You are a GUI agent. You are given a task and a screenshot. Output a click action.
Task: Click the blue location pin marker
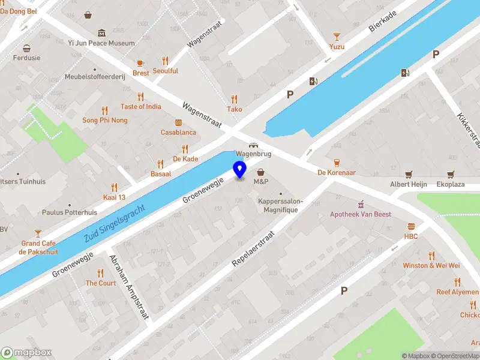pos(240,170)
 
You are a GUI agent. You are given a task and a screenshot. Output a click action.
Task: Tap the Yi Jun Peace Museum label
pos(101,43)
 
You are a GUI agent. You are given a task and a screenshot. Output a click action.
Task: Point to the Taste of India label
pos(141,106)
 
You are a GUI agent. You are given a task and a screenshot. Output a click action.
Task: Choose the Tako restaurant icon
pos(234,100)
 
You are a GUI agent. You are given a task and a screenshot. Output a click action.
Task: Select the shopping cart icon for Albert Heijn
pos(409,175)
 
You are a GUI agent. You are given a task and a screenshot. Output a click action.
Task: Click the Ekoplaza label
pos(450,184)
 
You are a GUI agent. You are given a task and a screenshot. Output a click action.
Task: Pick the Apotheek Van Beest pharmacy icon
pos(361,205)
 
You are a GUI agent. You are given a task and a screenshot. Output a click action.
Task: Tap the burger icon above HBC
pos(411,227)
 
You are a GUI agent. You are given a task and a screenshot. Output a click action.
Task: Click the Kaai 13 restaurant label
pos(114,197)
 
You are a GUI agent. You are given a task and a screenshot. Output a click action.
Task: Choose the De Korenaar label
pos(337,172)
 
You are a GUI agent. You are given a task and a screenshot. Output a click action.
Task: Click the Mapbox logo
pos(26,352)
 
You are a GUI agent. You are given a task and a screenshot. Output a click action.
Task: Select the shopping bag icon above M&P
pos(260,172)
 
